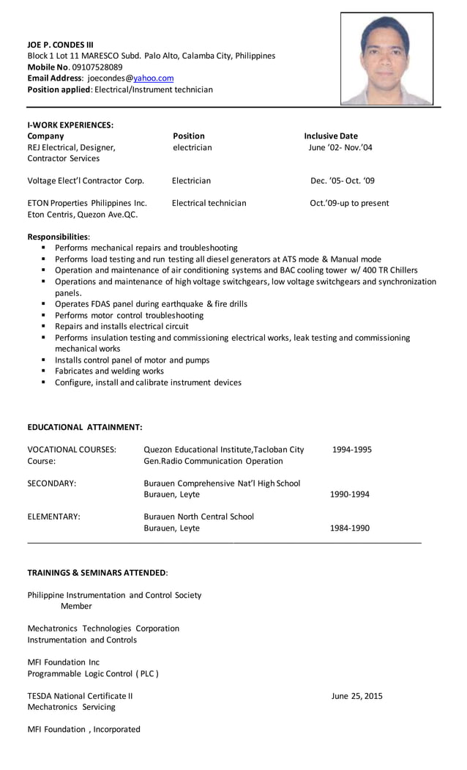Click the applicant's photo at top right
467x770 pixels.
pos(386,59)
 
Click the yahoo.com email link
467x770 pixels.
pos(153,78)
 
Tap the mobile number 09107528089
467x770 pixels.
pos(97,67)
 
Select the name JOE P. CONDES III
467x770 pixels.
pos(61,44)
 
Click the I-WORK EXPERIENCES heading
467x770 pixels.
pos(70,125)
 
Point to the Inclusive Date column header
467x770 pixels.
pos(331,136)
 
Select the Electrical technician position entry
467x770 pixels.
pos(209,203)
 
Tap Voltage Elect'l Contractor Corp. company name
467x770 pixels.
pos(86,180)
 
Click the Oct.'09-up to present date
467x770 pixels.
pos(349,203)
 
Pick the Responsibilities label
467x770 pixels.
pos(59,237)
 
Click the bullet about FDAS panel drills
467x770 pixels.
pos(151,304)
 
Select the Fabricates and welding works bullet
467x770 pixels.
pos(109,371)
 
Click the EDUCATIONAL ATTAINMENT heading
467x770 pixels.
pos(85,426)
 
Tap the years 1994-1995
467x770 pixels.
pos(351,449)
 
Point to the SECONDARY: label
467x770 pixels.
pos(52,484)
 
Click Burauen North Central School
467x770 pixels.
pos(198,517)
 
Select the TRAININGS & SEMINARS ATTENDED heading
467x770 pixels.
pos(97,571)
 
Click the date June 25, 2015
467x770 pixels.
pos(356,696)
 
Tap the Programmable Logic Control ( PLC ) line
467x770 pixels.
pos(93,673)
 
